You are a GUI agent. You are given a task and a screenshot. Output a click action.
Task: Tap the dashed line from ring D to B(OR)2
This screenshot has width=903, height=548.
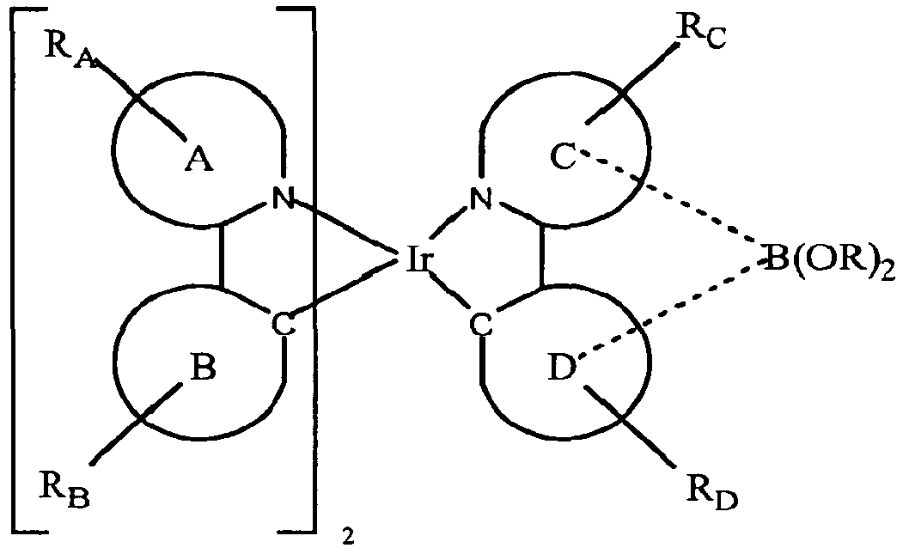click(x=670, y=308)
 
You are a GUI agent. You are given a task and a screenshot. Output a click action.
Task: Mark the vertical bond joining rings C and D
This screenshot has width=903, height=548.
click(x=542, y=259)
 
